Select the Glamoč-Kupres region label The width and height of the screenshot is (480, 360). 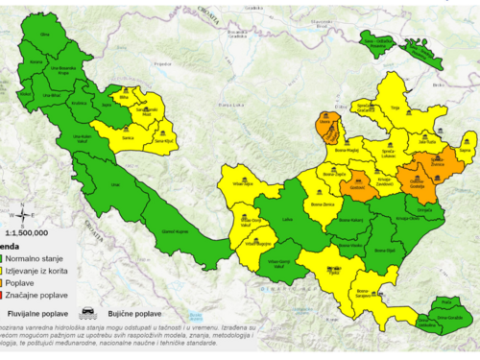click(x=177, y=231)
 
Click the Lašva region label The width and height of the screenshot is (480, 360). click(x=287, y=219)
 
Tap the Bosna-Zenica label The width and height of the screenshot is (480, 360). click(x=324, y=205)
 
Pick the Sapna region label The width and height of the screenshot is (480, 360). click(x=467, y=149)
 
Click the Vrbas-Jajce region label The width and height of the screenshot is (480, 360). click(x=248, y=220)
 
